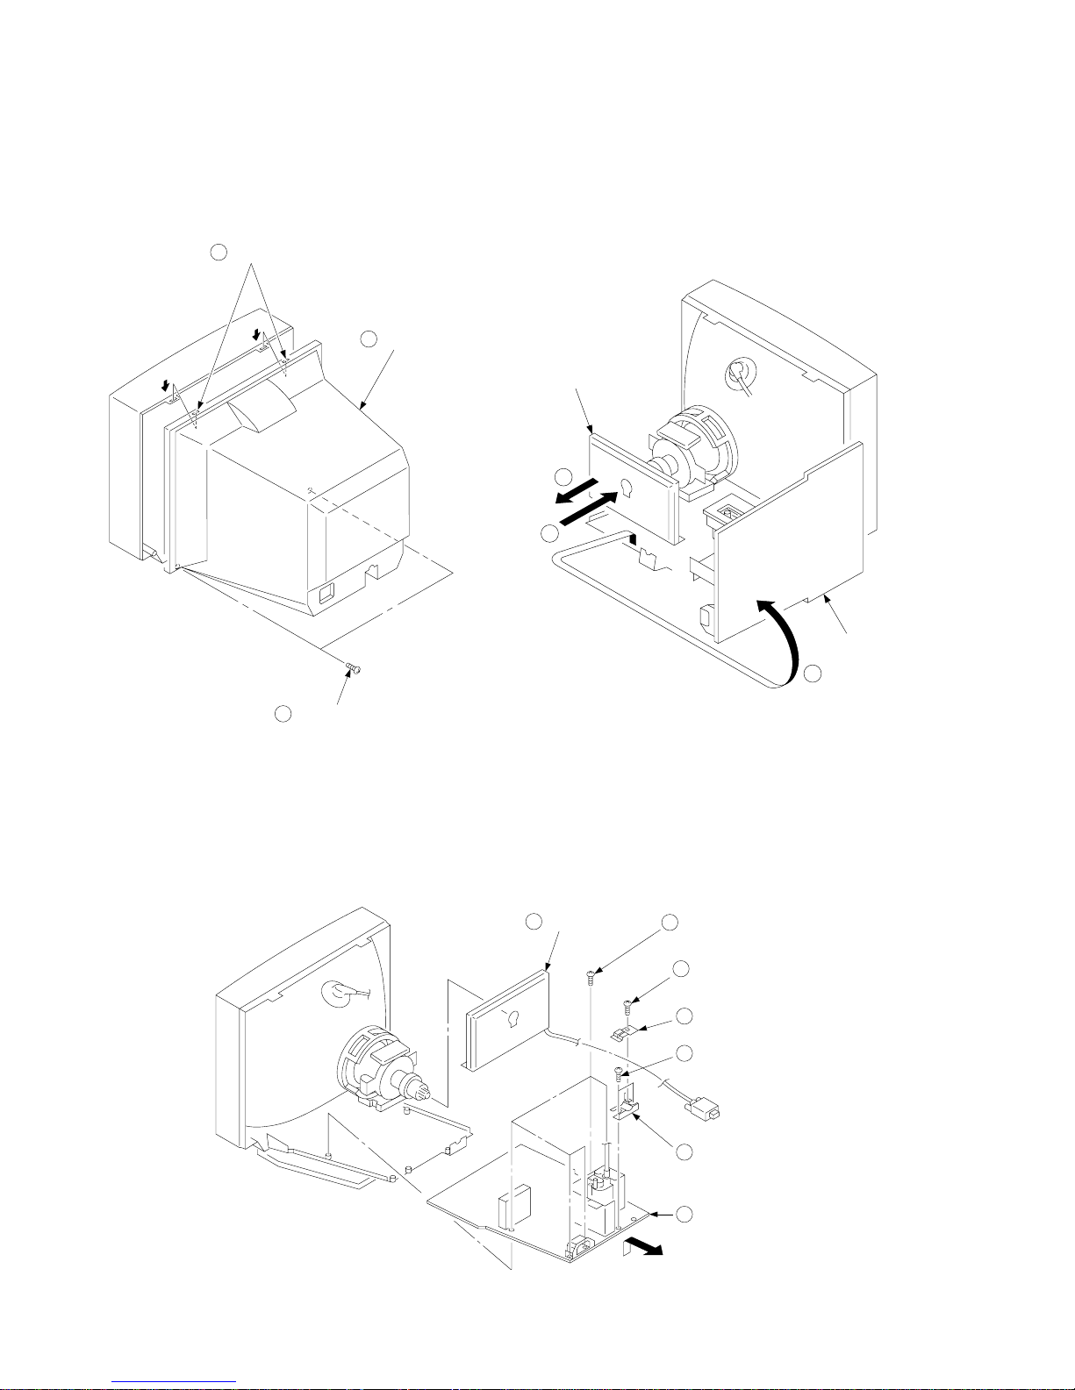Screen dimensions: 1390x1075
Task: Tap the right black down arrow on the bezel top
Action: coord(257,333)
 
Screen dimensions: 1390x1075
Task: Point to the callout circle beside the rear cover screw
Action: coord(283,714)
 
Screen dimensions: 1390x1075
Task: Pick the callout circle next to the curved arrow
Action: coord(813,674)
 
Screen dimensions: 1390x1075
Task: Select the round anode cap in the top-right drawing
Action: coord(738,375)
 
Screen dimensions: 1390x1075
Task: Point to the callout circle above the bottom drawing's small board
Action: coord(533,922)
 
